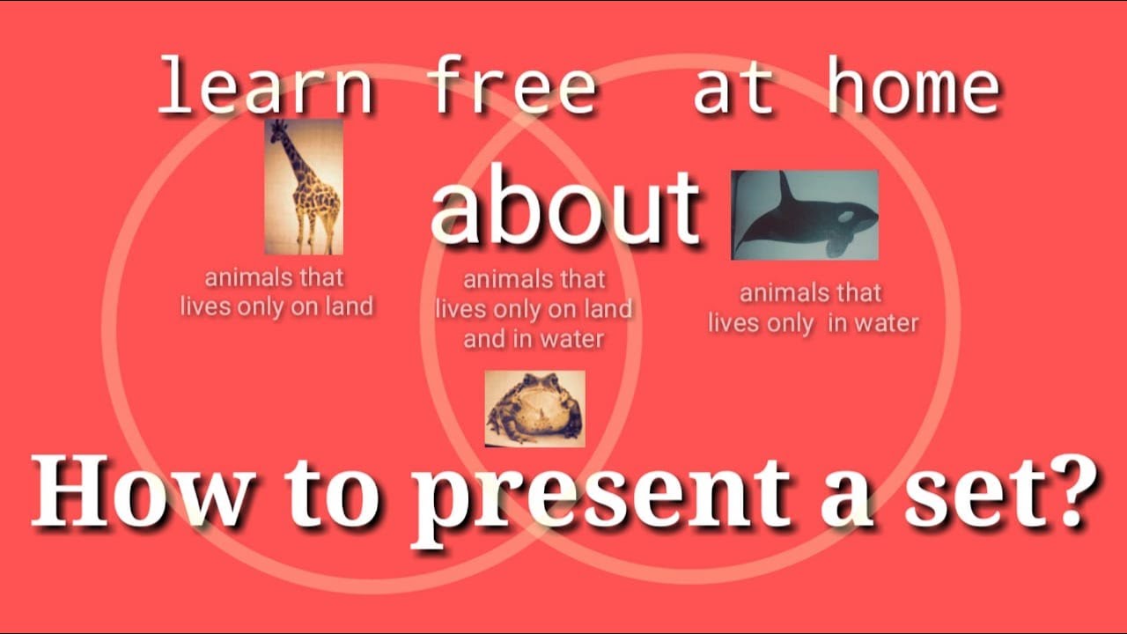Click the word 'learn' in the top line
click(264, 88)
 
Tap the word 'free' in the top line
click(511, 88)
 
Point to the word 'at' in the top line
click(735, 88)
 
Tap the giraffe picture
click(304, 187)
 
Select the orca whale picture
click(804, 215)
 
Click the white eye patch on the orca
click(846, 216)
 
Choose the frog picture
click(534, 409)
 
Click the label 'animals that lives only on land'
click(276, 292)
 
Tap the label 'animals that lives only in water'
click(813, 307)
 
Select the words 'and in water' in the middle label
click(534, 338)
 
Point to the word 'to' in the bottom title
click(337, 496)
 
